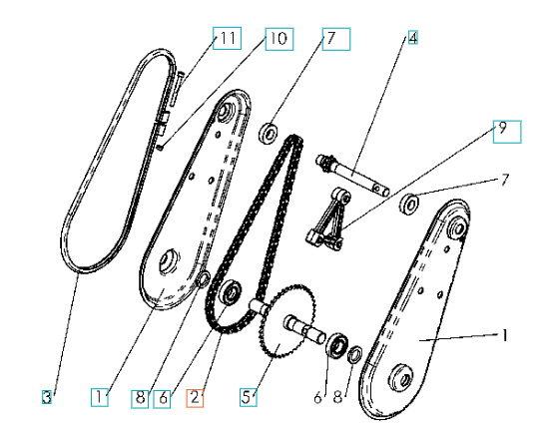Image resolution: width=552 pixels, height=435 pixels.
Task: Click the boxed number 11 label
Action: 229,39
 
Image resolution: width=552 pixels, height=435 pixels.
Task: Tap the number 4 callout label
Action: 412,39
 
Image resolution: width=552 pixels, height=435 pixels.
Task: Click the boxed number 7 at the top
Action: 333,39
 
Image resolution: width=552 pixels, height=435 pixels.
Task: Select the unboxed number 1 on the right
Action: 506,337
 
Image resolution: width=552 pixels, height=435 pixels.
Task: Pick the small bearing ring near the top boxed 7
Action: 268,132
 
